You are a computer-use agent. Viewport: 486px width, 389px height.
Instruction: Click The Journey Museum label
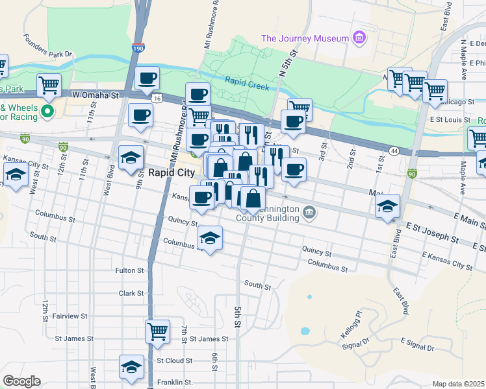pyautogui.click(x=305, y=38)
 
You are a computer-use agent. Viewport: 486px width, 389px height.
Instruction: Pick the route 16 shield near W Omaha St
pyautogui.click(x=157, y=99)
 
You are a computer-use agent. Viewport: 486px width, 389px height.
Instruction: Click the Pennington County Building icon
pyautogui.click(x=310, y=211)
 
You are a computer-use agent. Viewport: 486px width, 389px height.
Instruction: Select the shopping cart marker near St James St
pyautogui.click(x=157, y=331)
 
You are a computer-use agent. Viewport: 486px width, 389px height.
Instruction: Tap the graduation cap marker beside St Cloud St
pyautogui.click(x=131, y=366)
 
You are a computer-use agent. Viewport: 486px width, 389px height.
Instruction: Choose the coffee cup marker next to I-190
pyautogui.click(x=147, y=78)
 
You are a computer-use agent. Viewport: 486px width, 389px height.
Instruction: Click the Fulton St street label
pyautogui.click(x=129, y=270)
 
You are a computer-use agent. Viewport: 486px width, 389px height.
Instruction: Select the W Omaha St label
pyautogui.click(x=97, y=95)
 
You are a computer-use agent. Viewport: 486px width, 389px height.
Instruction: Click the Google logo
pyautogui.click(x=21, y=381)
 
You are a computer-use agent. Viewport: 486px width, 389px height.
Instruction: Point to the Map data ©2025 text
pyautogui.click(x=458, y=384)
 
